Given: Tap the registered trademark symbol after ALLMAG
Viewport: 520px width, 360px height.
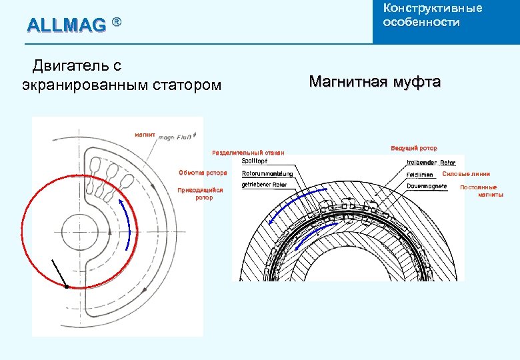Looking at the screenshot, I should pos(116,23).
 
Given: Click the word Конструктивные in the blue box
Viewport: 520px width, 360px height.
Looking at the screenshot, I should pos(432,8).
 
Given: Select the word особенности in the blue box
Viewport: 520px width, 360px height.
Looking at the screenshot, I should pos(421,22).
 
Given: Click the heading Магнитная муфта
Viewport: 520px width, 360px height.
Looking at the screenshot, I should pos(375,82).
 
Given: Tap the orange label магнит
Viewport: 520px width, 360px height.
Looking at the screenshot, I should pos(145,135).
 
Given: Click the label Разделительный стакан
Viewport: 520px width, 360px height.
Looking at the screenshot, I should pos(247,153).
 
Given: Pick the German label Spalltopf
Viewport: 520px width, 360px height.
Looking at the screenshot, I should pos(250,161).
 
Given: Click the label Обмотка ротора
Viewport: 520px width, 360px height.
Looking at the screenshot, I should pos(203,173).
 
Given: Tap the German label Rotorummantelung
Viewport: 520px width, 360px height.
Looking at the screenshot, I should pos(258,174).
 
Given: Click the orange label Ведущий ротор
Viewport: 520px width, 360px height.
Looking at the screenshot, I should pos(414,147).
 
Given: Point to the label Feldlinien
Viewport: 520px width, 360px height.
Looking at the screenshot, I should pos(420,175).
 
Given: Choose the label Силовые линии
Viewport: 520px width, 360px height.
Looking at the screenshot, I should pos(466,174).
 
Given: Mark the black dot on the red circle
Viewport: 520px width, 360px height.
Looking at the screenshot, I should pos(67,287).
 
